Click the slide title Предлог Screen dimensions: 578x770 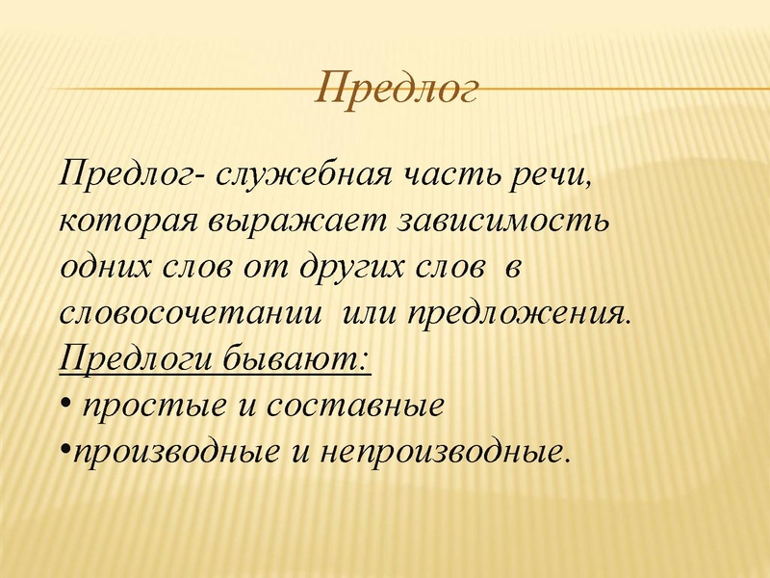(x=398, y=90)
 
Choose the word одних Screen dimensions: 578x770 (x=104, y=267)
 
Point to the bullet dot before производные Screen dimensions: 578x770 (x=64, y=448)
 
